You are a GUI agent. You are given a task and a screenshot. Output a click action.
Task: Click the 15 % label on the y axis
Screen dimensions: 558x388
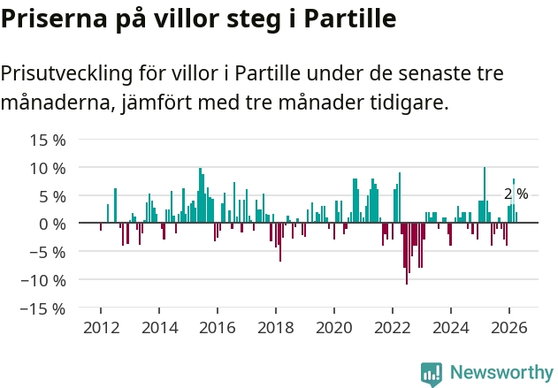tap(48, 141)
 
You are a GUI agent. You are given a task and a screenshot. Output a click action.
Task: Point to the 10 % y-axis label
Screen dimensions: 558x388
tap(48, 168)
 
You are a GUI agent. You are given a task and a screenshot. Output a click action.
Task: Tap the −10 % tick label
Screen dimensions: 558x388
tap(43, 280)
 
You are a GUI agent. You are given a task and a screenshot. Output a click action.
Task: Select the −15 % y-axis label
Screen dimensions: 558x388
tap(43, 308)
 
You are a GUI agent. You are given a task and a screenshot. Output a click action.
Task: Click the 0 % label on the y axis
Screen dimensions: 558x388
tap(52, 224)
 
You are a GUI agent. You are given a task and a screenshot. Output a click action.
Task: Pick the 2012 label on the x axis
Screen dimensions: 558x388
tap(102, 328)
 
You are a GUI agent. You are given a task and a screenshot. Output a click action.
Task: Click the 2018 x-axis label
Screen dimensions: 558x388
tap(276, 328)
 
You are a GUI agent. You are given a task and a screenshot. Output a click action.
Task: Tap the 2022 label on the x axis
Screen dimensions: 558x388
tap(393, 328)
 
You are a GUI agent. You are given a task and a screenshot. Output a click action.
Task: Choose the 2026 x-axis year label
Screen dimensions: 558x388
tap(508, 328)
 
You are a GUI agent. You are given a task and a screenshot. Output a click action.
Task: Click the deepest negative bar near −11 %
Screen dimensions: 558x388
tap(407, 254)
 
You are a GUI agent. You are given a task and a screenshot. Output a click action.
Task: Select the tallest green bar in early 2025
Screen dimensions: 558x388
tap(485, 195)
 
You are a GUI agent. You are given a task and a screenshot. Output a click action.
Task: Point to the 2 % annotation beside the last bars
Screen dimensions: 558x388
tap(516, 194)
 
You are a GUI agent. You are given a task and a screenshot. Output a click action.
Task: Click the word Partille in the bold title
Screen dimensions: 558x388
tap(350, 18)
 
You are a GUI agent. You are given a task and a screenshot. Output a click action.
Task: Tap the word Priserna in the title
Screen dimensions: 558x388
tap(54, 19)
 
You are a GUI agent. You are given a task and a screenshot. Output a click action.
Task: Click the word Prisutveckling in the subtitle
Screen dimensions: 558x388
tap(66, 74)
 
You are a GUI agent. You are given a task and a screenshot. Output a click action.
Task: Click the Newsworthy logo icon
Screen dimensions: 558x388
tap(432, 374)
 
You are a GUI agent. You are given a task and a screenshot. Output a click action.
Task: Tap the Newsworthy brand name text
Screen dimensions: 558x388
tap(501, 372)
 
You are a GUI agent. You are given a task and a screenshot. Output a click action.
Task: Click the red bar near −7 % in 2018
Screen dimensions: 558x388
tap(280, 242)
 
